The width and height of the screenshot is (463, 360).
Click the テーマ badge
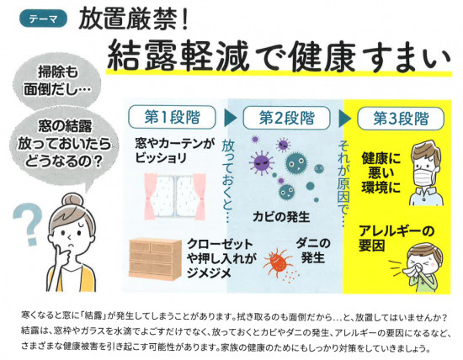click(x=44, y=19)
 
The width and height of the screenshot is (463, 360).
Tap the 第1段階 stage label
click(x=172, y=117)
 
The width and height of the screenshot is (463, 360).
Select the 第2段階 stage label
click(x=286, y=118)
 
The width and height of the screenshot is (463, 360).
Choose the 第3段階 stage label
click(x=401, y=119)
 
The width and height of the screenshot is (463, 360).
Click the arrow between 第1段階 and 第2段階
click(x=230, y=118)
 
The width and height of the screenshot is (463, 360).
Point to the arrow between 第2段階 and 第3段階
click(x=344, y=119)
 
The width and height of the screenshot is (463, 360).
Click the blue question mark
click(x=24, y=225)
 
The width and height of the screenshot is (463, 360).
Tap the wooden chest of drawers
click(x=155, y=259)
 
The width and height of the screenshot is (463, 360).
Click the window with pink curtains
click(x=175, y=196)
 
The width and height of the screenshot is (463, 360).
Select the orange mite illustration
click(x=277, y=262)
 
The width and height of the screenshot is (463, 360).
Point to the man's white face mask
click(x=423, y=177)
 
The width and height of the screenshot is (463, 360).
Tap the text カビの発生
click(x=281, y=217)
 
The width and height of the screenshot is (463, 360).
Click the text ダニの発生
click(x=313, y=251)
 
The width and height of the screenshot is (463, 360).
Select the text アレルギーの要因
click(x=396, y=238)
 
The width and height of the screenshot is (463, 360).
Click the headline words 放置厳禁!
click(x=134, y=19)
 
